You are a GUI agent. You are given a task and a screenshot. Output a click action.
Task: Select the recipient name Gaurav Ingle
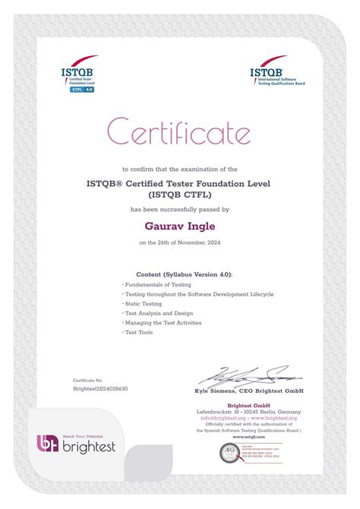[x=179, y=225]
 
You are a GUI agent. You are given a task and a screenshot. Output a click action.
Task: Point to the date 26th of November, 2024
[x=180, y=243]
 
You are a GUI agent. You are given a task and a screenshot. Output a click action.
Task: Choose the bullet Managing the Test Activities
[x=163, y=323]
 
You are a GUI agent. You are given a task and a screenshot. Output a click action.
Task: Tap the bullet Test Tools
[x=139, y=333]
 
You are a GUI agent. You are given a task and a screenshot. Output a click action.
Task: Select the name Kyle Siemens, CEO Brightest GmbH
[x=250, y=390]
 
